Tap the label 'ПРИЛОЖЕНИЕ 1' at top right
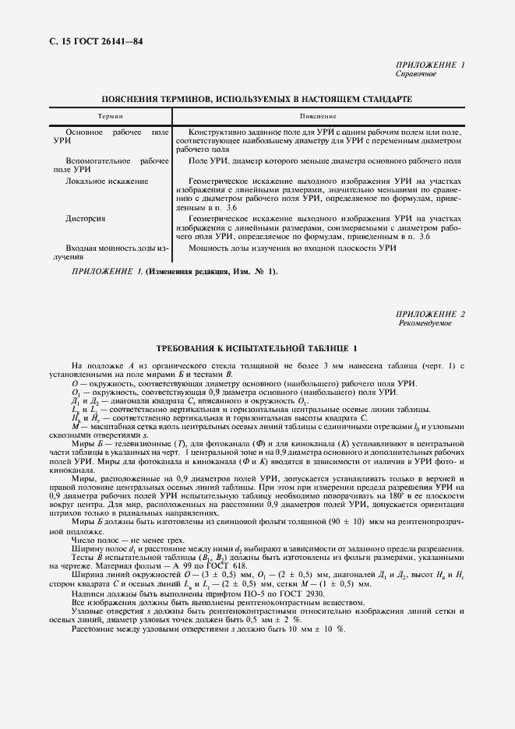tap(430, 65)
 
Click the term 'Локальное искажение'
tap(107, 181)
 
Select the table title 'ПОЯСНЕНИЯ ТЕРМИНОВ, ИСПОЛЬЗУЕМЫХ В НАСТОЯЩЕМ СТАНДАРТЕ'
tap(257, 99)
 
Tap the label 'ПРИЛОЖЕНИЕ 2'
tap(430, 314)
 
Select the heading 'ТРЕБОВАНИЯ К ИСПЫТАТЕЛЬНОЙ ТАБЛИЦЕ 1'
tap(257, 347)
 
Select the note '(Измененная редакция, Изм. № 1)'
tap(207, 271)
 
